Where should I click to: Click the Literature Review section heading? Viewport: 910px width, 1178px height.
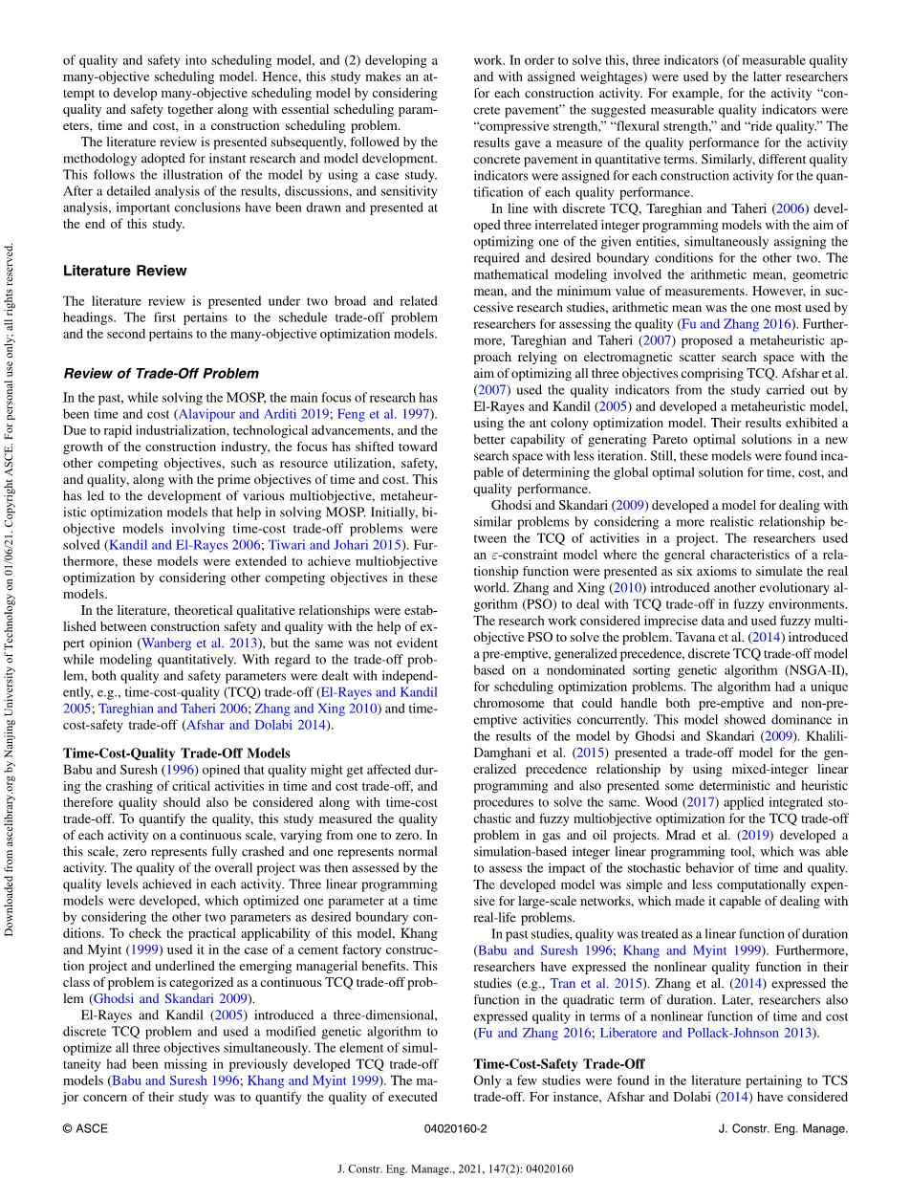[125, 271]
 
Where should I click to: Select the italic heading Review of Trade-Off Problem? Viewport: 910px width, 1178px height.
[161, 373]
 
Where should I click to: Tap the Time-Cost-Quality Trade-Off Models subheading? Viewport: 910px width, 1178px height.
[177, 753]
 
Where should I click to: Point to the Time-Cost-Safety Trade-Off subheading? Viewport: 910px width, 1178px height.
[559, 1063]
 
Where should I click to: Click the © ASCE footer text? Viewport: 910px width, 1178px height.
[85, 1128]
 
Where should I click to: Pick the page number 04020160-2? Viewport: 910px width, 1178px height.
[455, 1128]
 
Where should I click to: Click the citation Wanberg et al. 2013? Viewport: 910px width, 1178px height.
[194, 644]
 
